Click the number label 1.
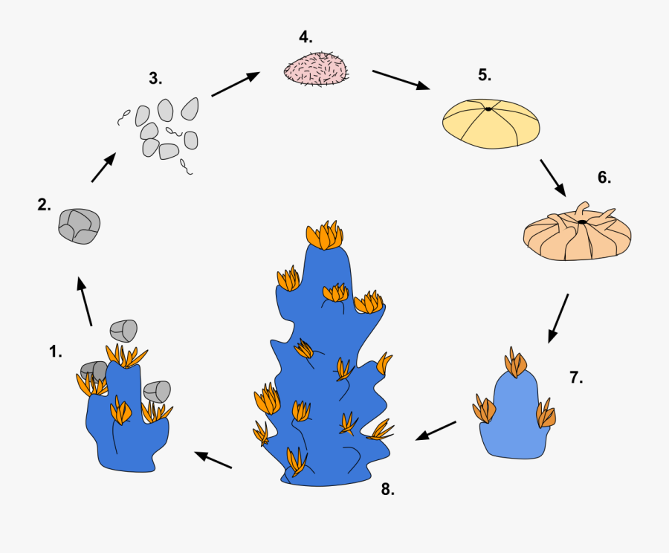pyautogui.click(x=56, y=352)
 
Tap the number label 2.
pyautogui.click(x=44, y=204)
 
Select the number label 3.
pyautogui.click(x=155, y=78)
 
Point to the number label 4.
pyautogui.click(x=306, y=37)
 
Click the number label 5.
pyautogui.click(x=485, y=74)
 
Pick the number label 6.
pyautogui.click(x=604, y=178)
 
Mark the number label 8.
pyautogui.click(x=387, y=489)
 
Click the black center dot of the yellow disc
pyautogui.click(x=488, y=110)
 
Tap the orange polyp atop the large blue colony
pyautogui.click(x=324, y=235)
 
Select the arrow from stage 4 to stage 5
pyautogui.click(x=401, y=80)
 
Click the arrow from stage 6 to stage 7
pyautogui.click(x=558, y=318)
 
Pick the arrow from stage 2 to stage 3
pyautogui.click(x=103, y=167)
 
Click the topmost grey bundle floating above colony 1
pyautogui.click(x=123, y=331)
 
